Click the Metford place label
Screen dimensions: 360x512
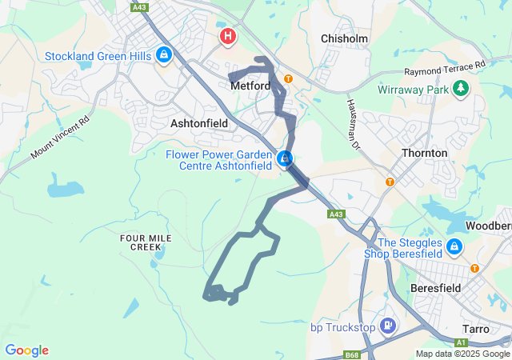[x=250, y=85]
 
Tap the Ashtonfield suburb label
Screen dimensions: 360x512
[x=199, y=123]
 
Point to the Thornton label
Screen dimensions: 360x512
[x=425, y=152]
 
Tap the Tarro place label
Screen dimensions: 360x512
[x=482, y=329]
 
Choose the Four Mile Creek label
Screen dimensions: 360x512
[x=141, y=243]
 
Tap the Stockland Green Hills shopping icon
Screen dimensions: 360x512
[x=163, y=55]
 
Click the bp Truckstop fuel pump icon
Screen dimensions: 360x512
[x=388, y=326]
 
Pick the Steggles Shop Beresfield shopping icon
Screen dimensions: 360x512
[x=454, y=246]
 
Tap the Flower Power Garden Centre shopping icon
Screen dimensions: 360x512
[x=284, y=159]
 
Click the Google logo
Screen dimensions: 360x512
[x=26, y=350]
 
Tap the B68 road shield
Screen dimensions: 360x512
[x=351, y=354]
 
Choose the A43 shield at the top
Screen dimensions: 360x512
[x=140, y=7]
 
